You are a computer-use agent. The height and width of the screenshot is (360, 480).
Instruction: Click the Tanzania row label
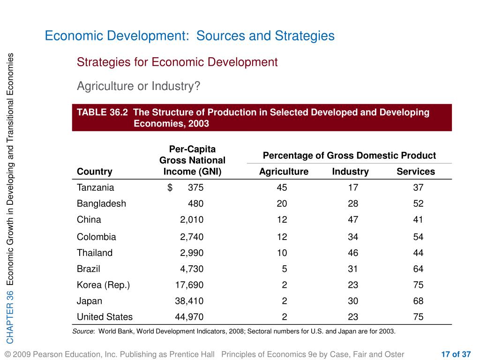point(95,187)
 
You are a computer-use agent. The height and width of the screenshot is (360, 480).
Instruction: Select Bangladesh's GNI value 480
point(195,204)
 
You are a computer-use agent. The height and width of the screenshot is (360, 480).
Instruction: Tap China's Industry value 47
point(353,219)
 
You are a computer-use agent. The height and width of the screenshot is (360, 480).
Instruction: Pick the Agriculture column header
point(284,172)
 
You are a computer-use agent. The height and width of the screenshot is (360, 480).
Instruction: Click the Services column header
point(415,172)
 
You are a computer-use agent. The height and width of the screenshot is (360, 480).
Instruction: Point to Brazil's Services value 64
point(418,269)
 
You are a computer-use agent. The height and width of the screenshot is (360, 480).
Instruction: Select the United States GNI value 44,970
point(189,317)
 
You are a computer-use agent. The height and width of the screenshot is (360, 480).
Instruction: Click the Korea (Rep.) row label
point(103,285)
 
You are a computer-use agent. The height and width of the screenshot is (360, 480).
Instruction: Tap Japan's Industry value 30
point(353,301)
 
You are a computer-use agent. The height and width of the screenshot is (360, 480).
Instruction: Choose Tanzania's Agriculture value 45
point(282,187)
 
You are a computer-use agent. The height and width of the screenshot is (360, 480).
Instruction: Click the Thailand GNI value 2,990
point(192,253)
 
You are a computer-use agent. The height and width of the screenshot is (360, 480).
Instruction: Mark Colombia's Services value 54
point(418,237)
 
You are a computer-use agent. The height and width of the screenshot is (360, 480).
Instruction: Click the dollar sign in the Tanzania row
point(170,187)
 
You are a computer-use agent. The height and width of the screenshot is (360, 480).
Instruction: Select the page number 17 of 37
point(456,354)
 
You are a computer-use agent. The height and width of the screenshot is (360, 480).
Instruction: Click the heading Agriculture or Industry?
point(138,86)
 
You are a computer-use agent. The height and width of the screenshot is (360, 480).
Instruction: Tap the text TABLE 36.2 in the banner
point(102,112)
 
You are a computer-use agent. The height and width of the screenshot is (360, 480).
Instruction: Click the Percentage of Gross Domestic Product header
point(349,156)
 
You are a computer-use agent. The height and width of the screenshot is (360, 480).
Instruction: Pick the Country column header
point(95,172)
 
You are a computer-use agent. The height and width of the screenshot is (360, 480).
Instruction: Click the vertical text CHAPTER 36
point(10,316)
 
